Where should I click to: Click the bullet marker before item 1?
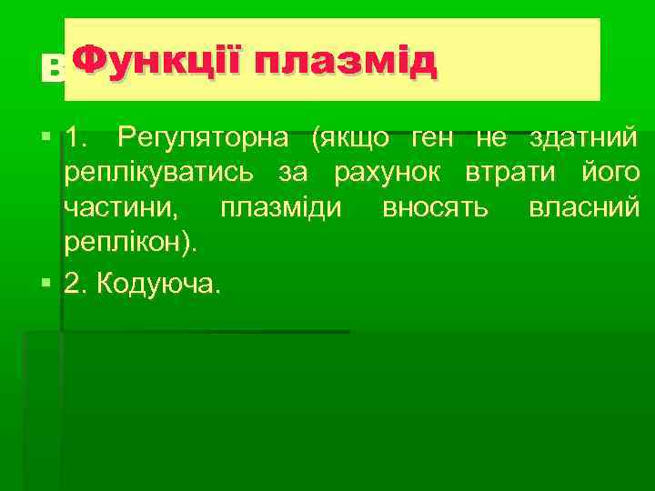click(46, 139)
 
